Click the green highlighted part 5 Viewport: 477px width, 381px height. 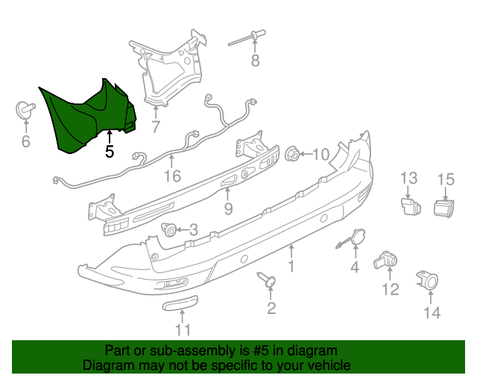click(82, 119)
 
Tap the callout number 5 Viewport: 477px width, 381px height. click(109, 152)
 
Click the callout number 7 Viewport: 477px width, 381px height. click(155, 127)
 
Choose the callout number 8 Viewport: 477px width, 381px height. click(255, 61)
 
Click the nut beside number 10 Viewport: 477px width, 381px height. click(293, 155)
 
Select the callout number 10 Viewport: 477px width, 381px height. click(320, 155)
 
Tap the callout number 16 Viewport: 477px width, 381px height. click(172, 176)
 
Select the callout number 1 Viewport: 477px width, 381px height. click(291, 265)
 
